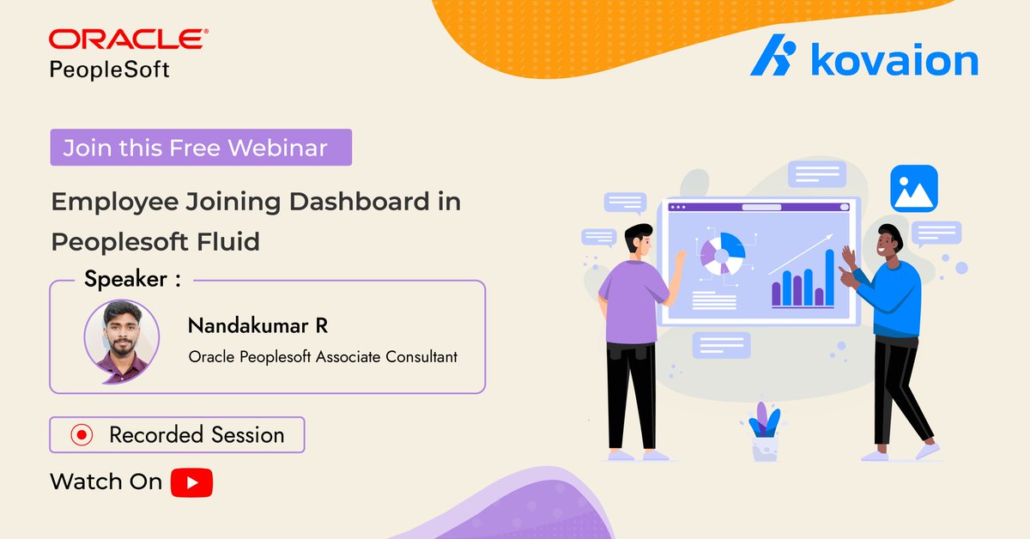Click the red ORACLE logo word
tap(127, 39)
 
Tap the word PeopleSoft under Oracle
tap(109, 70)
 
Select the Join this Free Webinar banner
tap(200, 148)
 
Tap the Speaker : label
tap(132, 279)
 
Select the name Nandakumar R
tap(257, 326)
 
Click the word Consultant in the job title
tap(419, 356)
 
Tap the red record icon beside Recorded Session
tap(81, 435)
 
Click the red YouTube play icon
tap(191, 482)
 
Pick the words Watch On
tap(106, 482)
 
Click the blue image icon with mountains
tap(913, 189)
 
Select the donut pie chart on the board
tap(721, 252)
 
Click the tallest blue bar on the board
tap(829, 277)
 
